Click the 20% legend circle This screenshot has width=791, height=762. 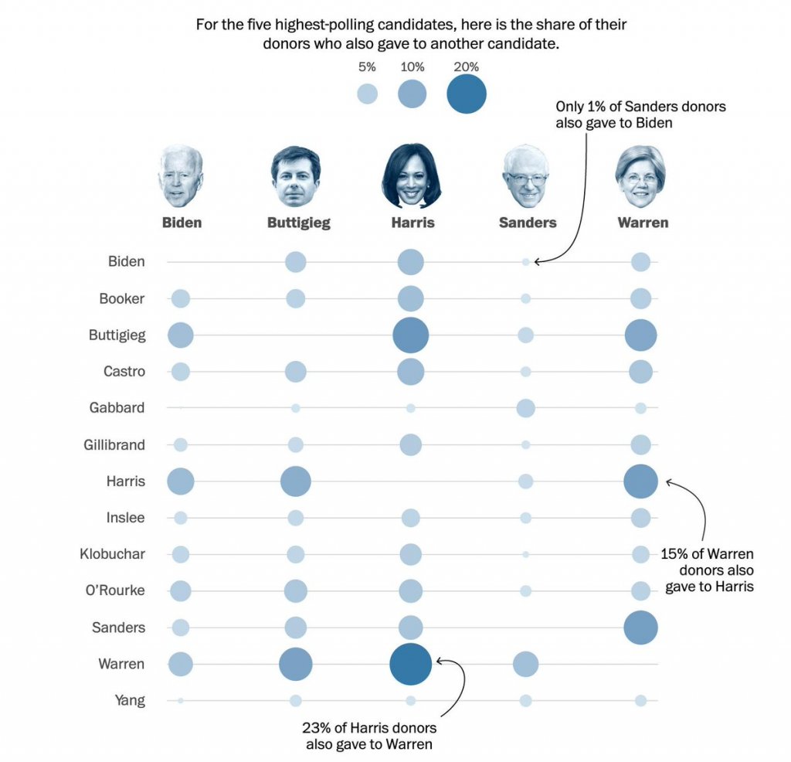[467, 94]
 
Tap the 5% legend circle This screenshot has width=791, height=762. [367, 94]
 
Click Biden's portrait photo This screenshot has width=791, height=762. [181, 176]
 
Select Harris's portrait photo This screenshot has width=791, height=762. [411, 175]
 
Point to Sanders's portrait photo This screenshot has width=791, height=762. [526, 177]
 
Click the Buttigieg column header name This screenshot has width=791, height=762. [298, 223]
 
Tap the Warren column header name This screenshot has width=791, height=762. [643, 223]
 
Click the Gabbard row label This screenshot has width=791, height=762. [117, 407]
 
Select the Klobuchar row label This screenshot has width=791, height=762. [112, 554]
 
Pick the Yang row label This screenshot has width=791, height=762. [129, 701]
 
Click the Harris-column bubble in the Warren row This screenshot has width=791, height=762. [410, 664]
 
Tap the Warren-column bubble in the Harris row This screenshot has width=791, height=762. [640, 481]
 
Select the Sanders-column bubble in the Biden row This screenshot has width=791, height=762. [526, 262]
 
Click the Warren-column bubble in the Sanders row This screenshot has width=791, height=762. [640, 628]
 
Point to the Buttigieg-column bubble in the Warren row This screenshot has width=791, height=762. [295, 664]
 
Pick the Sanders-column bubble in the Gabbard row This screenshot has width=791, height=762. [525, 408]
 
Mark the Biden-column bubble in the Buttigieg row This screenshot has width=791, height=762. [180, 335]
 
